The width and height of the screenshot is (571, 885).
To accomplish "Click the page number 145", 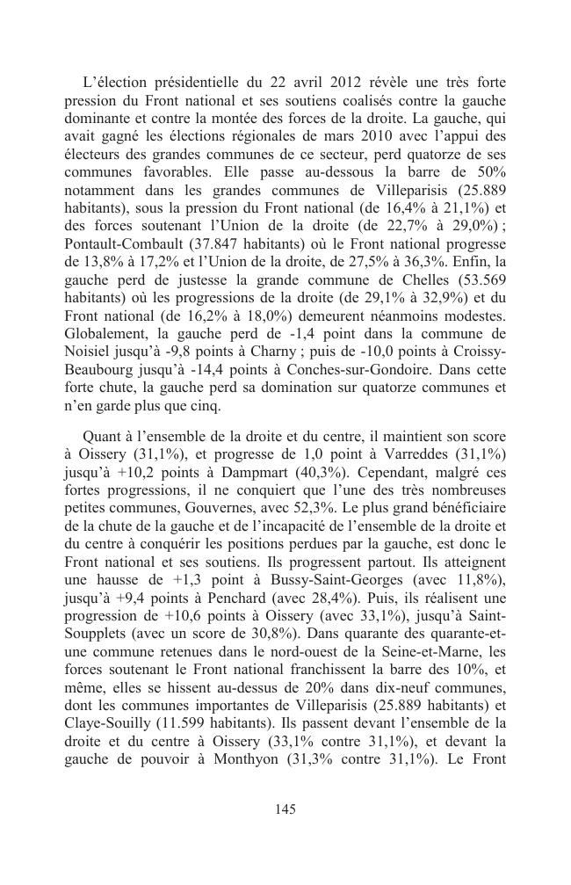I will [x=285, y=809].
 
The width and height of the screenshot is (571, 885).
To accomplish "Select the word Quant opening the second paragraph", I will [x=102, y=436].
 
